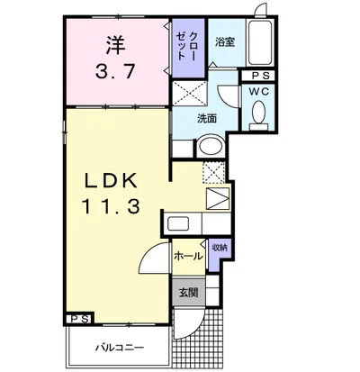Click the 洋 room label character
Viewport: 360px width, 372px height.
tap(115, 45)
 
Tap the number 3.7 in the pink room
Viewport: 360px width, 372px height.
tap(114, 72)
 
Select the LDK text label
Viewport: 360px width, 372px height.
tap(111, 181)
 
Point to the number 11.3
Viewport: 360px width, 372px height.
tap(111, 206)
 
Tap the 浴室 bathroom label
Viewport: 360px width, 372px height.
tap(225, 42)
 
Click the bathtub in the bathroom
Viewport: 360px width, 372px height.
tap(260, 42)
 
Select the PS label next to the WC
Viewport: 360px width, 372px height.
tap(260, 76)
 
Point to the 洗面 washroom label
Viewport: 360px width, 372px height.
tap(207, 119)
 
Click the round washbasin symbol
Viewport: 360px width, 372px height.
tap(211, 146)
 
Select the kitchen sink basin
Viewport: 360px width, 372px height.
tap(178, 224)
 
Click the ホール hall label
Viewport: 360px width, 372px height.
tap(188, 256)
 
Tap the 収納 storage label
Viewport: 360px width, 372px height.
tap(220, 248)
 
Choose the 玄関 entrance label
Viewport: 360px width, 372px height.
tap(188, 293)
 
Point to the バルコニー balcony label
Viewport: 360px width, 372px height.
tap(120, 348)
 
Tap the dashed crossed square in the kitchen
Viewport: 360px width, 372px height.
tap(213, 172)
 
